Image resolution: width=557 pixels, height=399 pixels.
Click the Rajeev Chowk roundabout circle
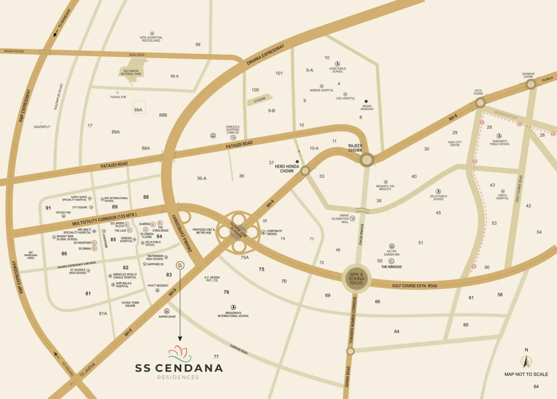click(367, 159)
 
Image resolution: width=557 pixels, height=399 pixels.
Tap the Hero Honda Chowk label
click(287, 169)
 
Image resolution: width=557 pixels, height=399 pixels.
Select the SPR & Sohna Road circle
click(356, 278)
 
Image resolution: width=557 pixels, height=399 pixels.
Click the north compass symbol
click(526, 361)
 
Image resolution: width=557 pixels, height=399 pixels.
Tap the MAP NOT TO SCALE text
click(526, 374)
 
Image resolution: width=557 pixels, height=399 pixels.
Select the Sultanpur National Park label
click(131, 72)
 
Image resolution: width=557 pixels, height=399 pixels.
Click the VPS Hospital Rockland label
click(151, 39)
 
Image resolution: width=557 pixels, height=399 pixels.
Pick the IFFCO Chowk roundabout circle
click(480, 103)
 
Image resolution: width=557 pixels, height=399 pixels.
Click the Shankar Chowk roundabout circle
click(531, 84)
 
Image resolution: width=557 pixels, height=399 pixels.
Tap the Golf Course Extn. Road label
click(414, 286)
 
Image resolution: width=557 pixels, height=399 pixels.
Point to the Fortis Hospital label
click(502, 197)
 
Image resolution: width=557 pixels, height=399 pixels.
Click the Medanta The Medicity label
click(385, 188)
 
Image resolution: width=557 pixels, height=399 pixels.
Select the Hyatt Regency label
click(158, 286)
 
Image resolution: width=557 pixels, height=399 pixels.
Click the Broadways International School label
click(233, 314)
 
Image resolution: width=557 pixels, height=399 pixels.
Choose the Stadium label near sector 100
click(260, 100)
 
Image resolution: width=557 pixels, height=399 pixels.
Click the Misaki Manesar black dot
click(366, 101)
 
